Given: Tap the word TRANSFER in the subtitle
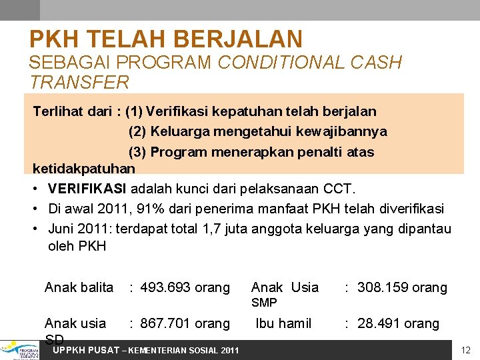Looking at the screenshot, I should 79,83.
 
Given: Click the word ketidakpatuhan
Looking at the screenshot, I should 84,168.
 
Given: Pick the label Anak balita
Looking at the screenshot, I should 79,287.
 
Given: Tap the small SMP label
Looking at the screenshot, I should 264,303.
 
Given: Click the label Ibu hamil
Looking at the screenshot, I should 284,323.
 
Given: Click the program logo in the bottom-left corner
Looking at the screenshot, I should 20,349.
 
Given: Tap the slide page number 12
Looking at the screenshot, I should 466,350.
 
